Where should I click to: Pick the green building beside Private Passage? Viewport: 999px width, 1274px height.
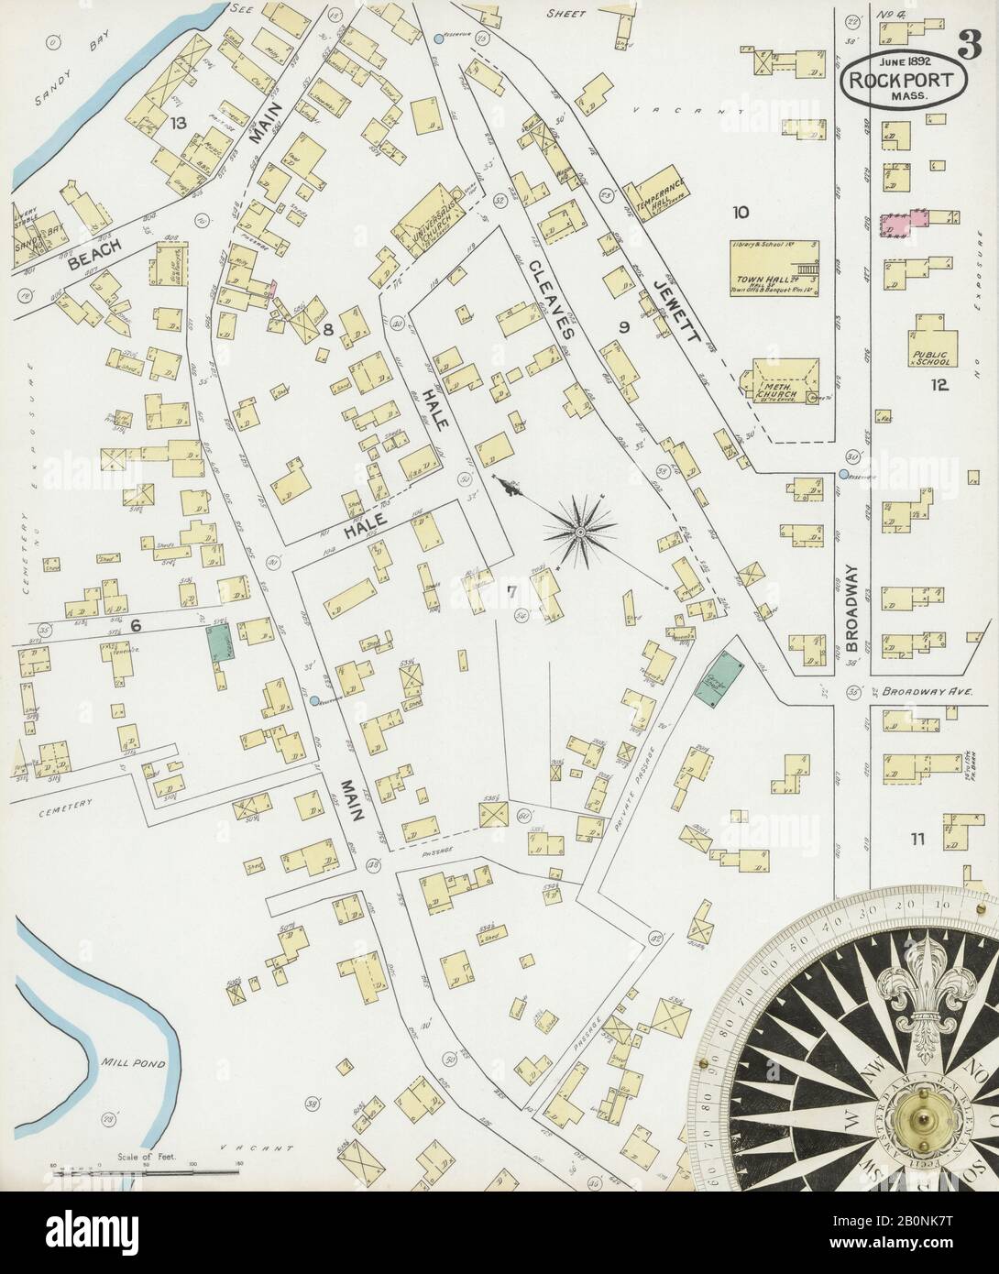tap(718, 678)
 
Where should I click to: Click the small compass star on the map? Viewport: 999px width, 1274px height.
tap(580, 528)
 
